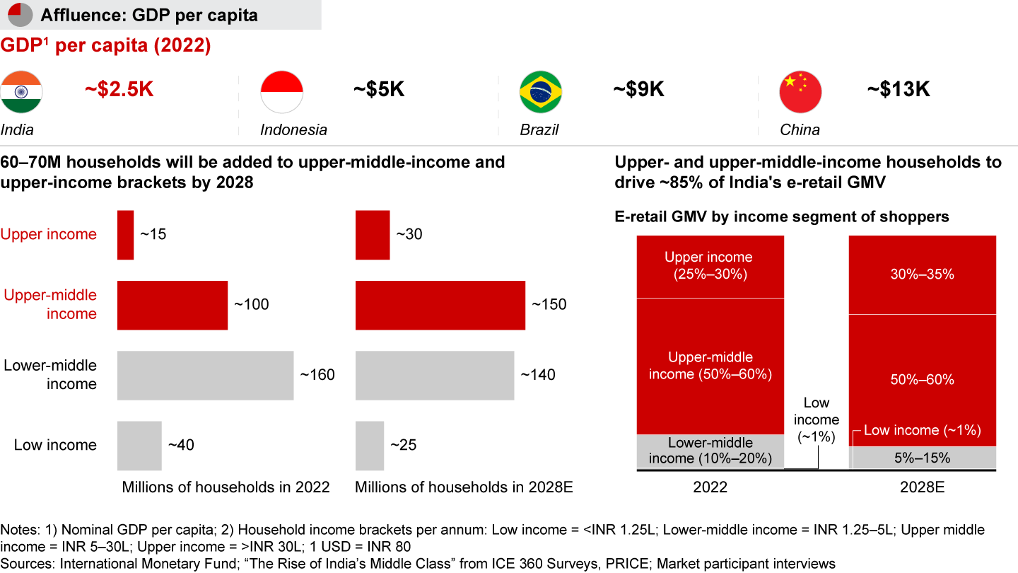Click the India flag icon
pyautogui.click(x=21, y=92)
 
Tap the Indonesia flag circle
pyautogui.click(x=281, y=92)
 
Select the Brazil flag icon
pyautogui.click(x=541, y=92)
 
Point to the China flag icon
pyautogui.click(x=800, y=92)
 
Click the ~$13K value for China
pyautogui.click(x=899, y=90)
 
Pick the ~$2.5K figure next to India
pyautogui.click(x=119, y=90)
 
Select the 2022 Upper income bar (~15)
pyautogui.click(x=125, y=235)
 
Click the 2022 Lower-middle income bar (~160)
pyautogui.click(x=205, y=375)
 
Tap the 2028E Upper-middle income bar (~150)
pyautogui.click(x=440, y=305)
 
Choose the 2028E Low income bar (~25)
pyautogui.click(x=369, y=446)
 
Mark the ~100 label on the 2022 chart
pyautogui.click(x=251, y=305)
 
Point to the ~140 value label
pyautogui.click(x=537, y=375)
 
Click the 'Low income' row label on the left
pyautogui.click(x=55, y=445)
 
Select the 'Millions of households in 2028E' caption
pyautogui.click(x=464, y=487)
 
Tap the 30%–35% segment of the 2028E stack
pyautogui.click(x=922, y=274)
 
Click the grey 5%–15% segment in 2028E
pyautogui.click(x=922, y=458)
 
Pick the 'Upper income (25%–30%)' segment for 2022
pyautogui.click(x=710, y=266)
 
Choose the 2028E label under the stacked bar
pyautogui.click(x=922, y=487)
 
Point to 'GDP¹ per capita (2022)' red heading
pyautogui.click(x=105, y=46)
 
